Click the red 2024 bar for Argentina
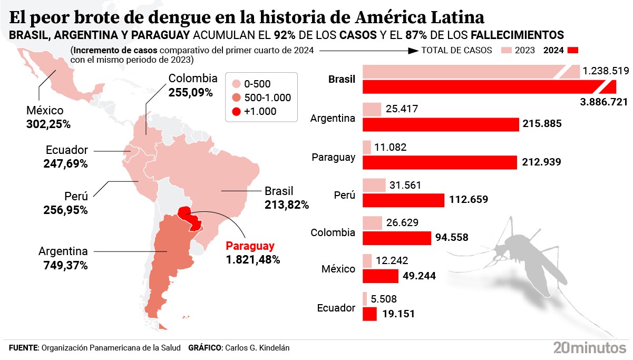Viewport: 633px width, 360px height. [x=441, y=124]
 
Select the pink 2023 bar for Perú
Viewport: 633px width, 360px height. [x=374, y=185]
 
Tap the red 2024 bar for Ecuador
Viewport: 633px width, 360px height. [x=369, y=314]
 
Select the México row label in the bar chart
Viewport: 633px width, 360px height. [x=338, y=269]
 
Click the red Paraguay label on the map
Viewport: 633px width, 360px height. [x=250, y=246]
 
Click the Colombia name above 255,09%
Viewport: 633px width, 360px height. [x=193, y=79]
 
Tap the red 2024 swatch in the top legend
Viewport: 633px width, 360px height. [x=573, y=50]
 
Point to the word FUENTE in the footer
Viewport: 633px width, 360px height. [x=23, y=348]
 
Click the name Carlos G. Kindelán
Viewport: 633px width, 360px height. [x=257, y=348]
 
